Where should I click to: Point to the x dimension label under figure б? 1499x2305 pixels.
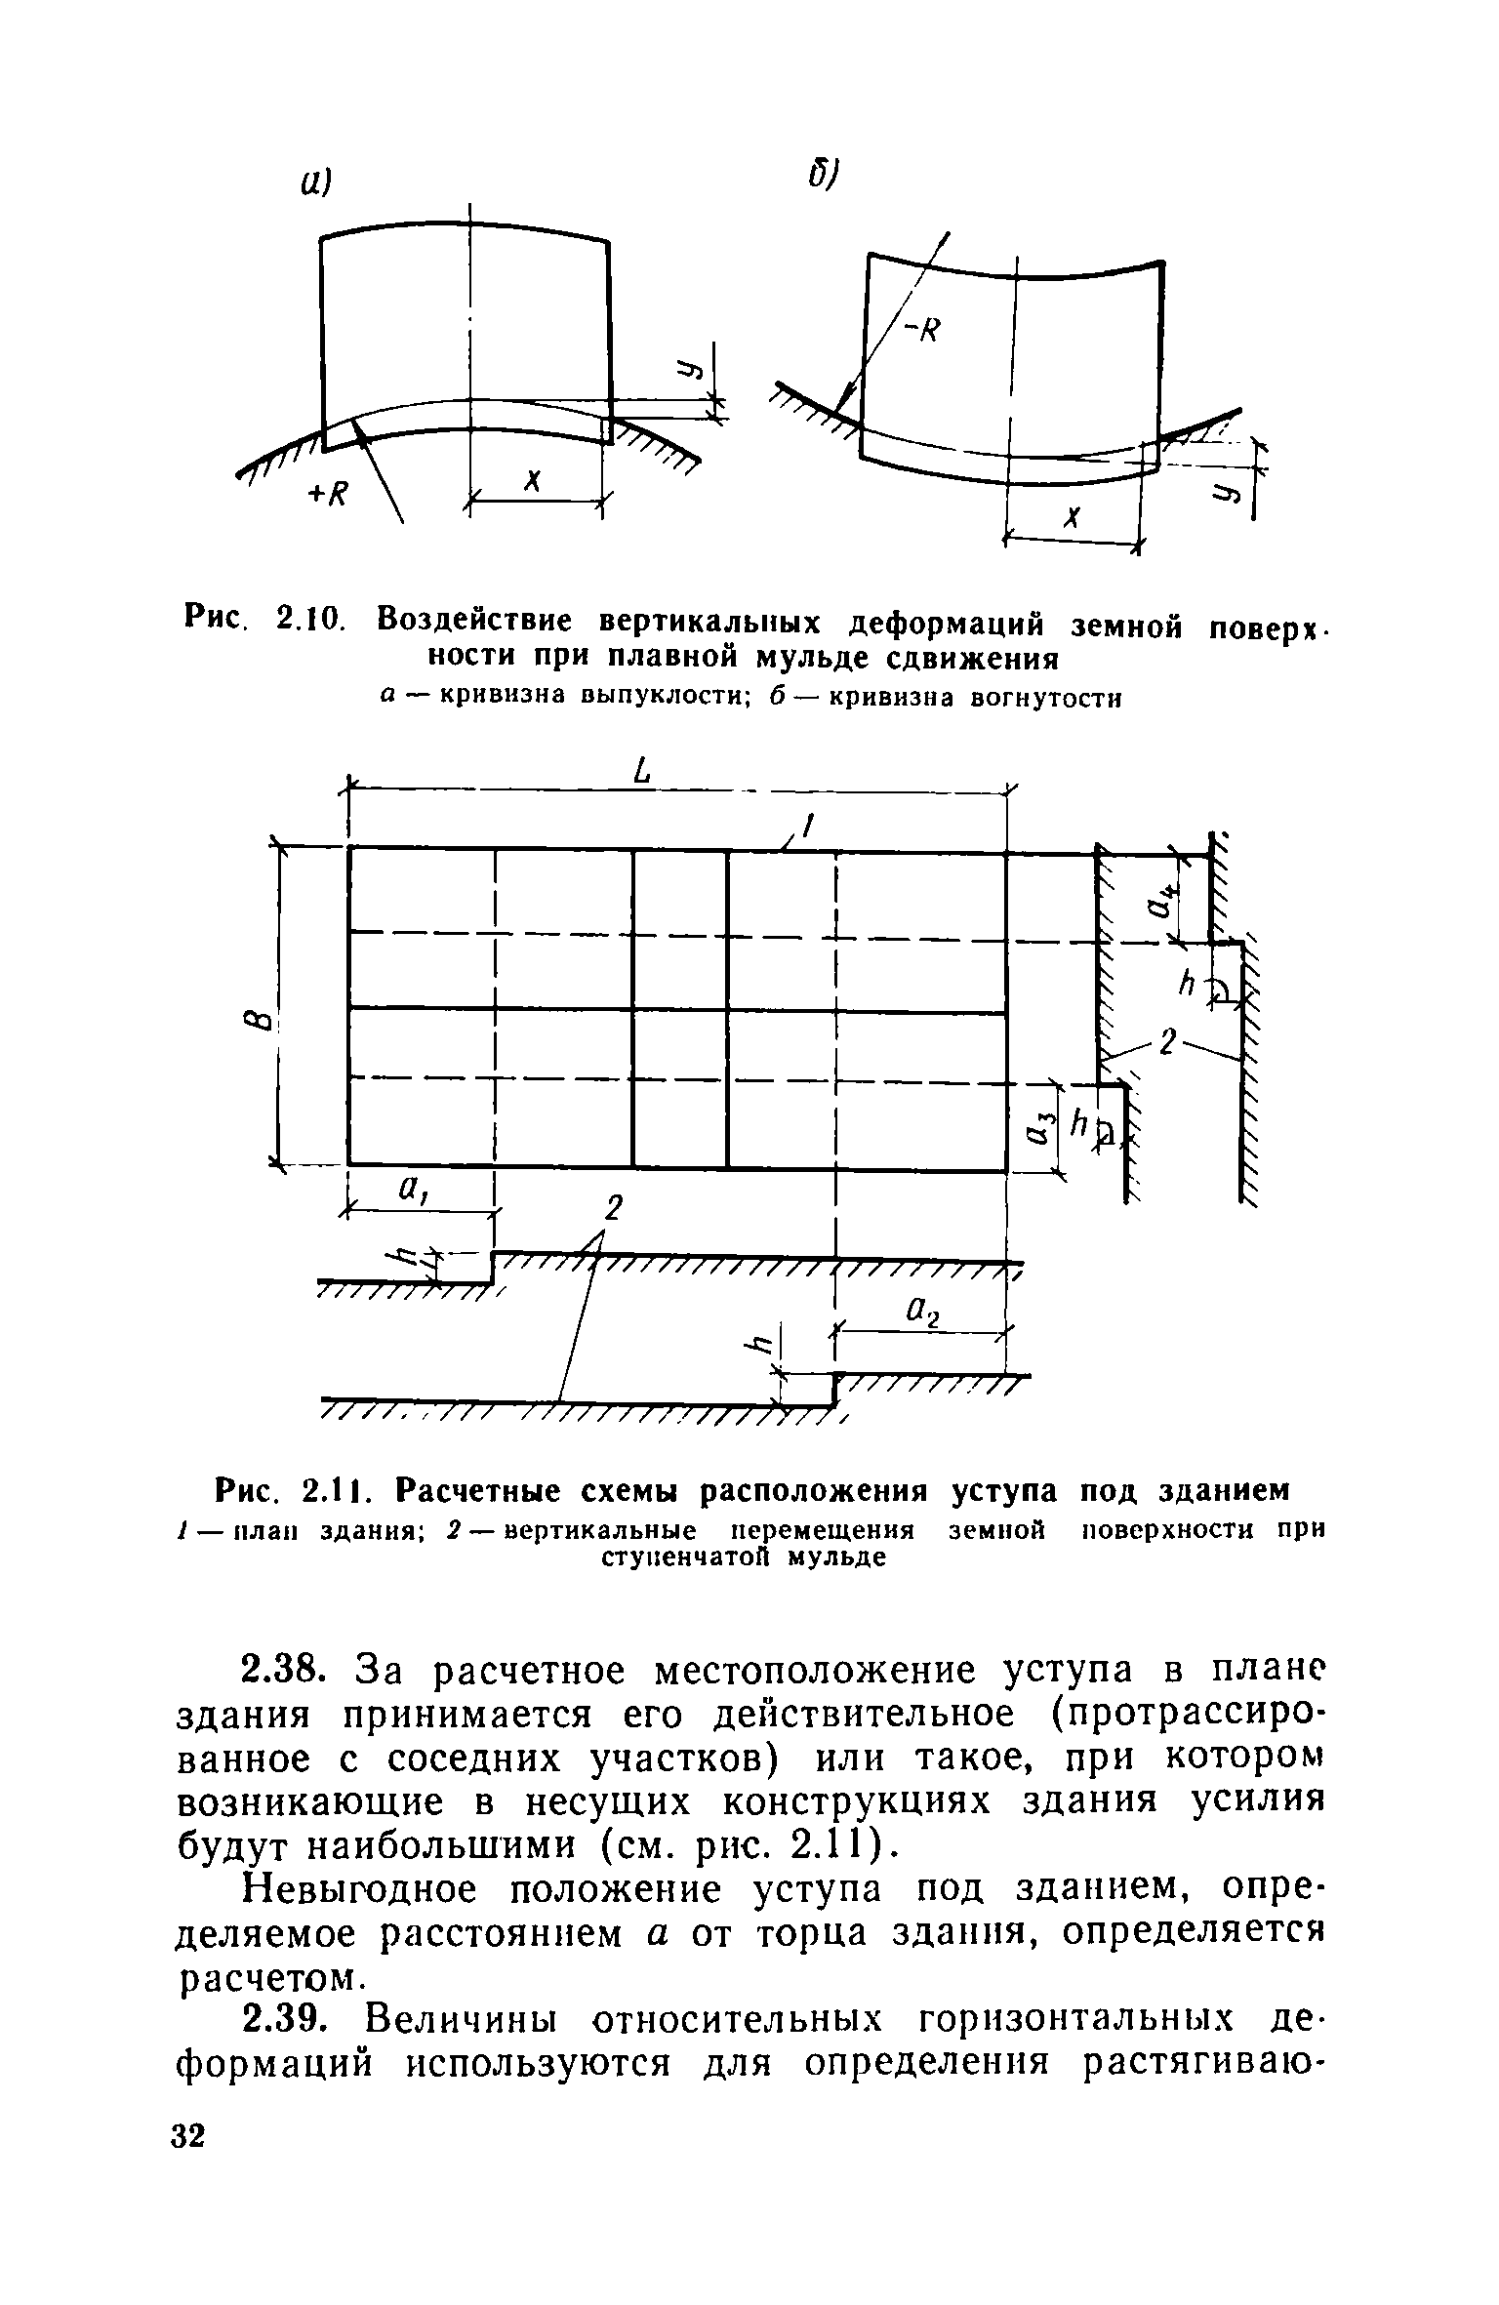(1072, 518)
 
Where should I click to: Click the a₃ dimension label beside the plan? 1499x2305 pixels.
(1039, 1130)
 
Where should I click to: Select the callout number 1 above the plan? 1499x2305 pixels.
(806, 827)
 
